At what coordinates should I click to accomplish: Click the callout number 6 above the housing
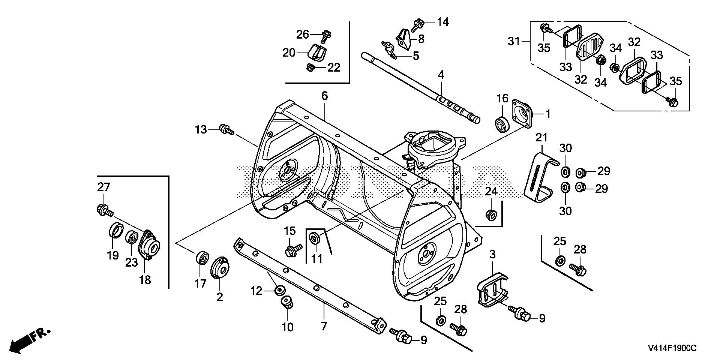pos(324,96)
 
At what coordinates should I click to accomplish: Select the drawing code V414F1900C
pos(671,349)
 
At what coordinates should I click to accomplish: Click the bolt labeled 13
pos(226,129)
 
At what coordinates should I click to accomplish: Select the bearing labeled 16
pos(502,124)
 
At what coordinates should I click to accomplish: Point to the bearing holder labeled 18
pos(149,246)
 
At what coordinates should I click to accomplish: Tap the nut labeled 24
pos(491,214)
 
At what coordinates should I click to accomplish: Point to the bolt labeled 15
pos(292,249)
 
